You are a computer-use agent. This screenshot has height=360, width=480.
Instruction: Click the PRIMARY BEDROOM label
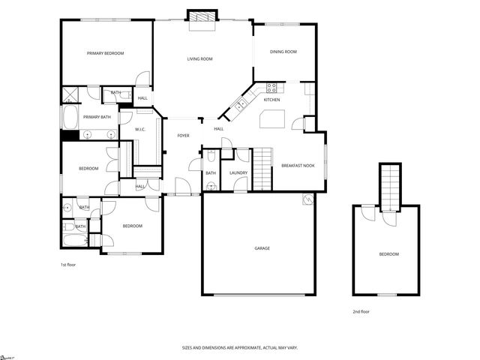click(105, 53)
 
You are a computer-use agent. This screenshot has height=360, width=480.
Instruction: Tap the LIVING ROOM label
click(199, 58)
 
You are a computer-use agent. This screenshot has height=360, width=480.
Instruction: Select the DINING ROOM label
click(284, 52)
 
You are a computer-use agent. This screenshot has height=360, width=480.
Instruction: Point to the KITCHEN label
click(272, 100)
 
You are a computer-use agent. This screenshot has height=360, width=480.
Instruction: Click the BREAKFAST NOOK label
click(298, 165)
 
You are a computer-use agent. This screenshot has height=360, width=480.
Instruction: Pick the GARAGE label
click(262, 248)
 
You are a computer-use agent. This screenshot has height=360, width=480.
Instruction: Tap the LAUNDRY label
click(238, 173)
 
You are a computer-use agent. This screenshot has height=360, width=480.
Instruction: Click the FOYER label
click(183, 136)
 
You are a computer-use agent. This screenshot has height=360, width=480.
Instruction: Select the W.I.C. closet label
click(140, 130)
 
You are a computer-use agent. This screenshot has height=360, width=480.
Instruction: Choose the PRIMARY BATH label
click(97, 117)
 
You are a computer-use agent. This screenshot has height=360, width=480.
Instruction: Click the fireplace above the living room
click(200, 17)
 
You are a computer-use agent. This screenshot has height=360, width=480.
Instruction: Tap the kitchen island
click(273, 118)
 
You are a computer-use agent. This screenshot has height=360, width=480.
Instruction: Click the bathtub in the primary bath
click(68, 118)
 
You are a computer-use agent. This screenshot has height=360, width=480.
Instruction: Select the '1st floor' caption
click(68, 265)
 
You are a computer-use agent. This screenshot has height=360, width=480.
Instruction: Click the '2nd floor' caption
click(361, 311)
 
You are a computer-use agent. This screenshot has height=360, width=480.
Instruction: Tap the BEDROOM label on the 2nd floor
click(388, 255)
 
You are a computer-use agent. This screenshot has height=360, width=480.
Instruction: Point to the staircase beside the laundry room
click(262, 168)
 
